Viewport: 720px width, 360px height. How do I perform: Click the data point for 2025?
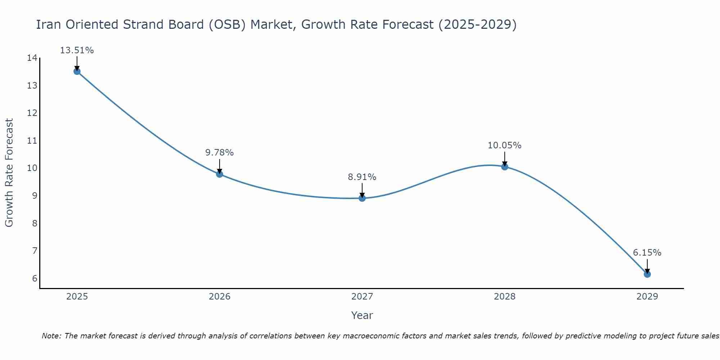[x=77, y=71]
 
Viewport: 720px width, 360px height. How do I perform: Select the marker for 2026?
[x=220, y=174]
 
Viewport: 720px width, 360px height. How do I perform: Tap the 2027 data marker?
[x=362, y=198]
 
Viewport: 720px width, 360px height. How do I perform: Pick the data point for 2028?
[x=505, y=167]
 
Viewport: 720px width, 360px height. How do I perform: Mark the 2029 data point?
[x=647, y=274]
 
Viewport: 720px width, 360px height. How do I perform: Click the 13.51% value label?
[x=77, y=50]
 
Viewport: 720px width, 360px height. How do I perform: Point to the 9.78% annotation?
[x=220, y=153]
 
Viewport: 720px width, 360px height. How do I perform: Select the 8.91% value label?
[x=362, y=177]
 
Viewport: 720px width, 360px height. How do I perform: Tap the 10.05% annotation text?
[x=504, y=145]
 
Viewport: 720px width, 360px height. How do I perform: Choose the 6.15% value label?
[x=647, y=253]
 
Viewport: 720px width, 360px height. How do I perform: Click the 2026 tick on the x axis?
[x=220, y=297]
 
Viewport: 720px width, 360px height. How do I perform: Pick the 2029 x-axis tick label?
[x=647, y=297]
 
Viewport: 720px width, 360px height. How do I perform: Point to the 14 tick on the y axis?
[x=32, y=58]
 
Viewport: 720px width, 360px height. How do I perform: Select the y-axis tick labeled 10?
[x=32, y=168]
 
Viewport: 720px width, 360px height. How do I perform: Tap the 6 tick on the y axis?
[x=35, y=279]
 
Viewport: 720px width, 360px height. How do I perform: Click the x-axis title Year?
[x=362, y=315]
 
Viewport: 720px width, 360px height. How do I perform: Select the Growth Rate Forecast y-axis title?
[x=9, y=173]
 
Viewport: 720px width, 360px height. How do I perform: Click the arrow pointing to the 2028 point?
[x=505, y=158]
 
